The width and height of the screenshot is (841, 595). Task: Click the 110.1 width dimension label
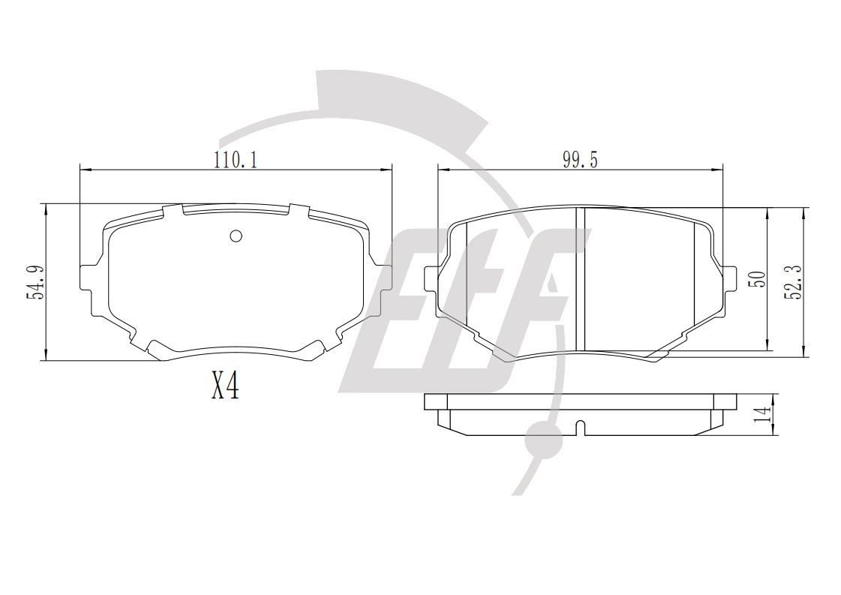[236, 159]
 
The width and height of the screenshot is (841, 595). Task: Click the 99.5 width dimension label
[580, 159]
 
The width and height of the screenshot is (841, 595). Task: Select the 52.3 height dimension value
[794, 281]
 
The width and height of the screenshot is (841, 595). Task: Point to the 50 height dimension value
[758, 279]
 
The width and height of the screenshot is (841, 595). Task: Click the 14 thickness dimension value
[761, 413]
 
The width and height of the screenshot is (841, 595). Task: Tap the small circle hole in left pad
[236, 236]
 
